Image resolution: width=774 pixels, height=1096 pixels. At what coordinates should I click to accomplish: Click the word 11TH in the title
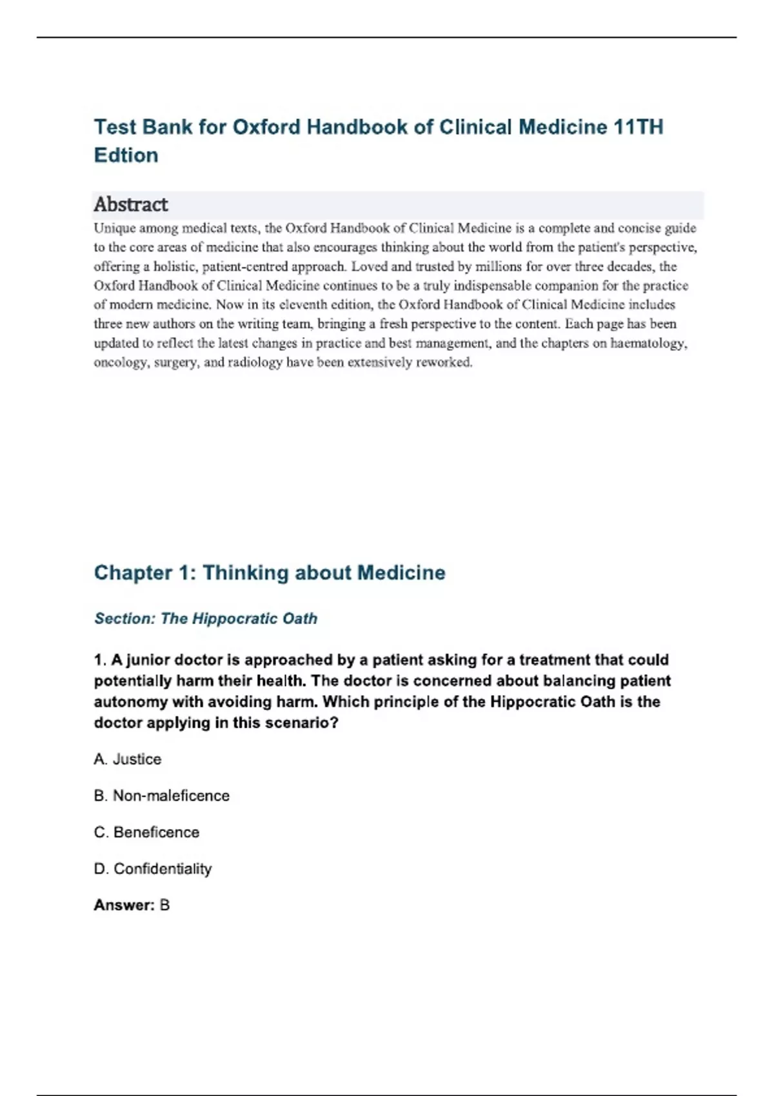[638, 127]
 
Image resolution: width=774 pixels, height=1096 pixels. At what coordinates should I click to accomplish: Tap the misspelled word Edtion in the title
[126, 155]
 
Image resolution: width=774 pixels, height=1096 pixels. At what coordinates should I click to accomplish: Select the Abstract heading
[131, 204]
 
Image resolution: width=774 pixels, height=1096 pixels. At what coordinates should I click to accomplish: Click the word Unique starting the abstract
[115, 228]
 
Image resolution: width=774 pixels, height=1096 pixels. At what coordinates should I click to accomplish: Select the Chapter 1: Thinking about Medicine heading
[270, 572]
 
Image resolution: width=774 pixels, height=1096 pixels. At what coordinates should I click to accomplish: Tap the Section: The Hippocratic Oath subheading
[206, 618]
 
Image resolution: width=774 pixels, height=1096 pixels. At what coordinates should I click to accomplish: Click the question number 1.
[100, 660]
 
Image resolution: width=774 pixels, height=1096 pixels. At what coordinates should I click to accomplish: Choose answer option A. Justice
[128, 759]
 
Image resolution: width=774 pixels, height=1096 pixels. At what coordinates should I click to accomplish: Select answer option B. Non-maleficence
[162, 796]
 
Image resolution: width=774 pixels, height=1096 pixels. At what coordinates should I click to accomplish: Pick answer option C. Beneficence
[147, 832]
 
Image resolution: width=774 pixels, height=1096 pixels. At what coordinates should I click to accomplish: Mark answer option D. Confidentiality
[153, 869]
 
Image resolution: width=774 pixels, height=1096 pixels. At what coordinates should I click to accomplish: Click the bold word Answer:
[124, 905]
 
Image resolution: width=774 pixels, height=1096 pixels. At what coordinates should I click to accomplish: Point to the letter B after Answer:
[164, 905]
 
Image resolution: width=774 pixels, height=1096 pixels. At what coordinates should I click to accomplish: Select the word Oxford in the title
[266, 127]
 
